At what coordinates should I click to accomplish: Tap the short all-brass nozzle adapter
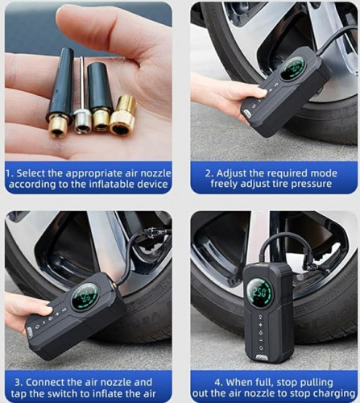tap(122, 114)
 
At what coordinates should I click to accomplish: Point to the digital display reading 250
tap(260, 293)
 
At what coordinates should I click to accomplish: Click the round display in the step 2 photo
tap(292, 68)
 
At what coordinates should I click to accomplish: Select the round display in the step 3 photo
tap(85, 297)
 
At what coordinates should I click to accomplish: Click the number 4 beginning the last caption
tap(217, 382)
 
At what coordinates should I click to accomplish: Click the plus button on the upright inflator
tap(260, 325)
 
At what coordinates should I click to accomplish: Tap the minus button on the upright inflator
tap(260, 340)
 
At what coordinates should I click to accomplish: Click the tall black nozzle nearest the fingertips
tap(60, 91)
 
